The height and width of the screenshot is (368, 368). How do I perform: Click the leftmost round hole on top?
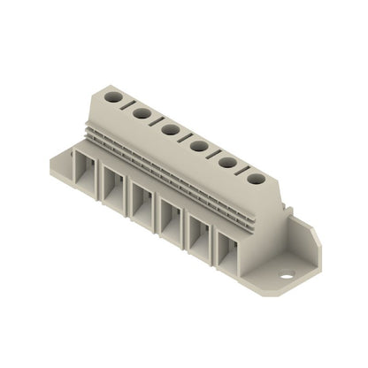(114, 94)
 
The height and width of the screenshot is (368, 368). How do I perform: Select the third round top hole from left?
(170, 128)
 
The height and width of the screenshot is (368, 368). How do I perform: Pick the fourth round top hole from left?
(199, 145)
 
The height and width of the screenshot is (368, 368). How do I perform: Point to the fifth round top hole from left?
(227, 162)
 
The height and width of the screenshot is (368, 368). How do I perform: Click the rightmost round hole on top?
(256, 179)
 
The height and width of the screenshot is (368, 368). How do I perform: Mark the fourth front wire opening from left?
(171, 217)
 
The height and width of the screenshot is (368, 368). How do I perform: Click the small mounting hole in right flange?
(286, 276)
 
